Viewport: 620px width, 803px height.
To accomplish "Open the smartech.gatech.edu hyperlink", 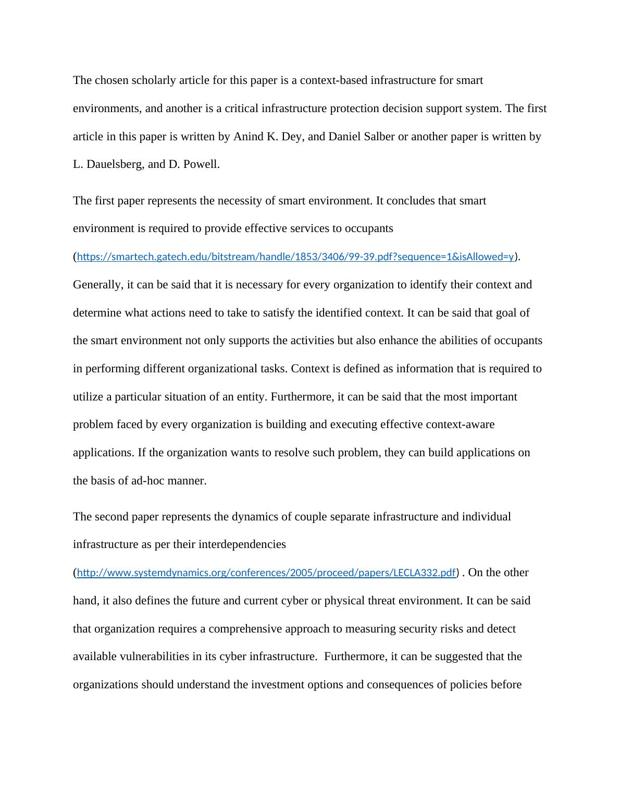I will click(x=295, y=257).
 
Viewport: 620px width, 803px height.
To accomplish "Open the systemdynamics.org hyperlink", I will click(x=266, y=573).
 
